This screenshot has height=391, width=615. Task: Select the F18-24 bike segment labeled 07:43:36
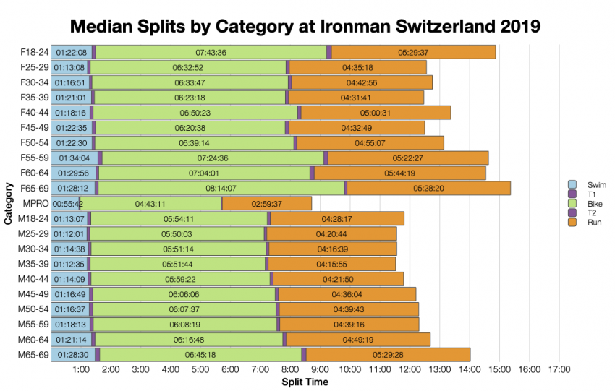pos(211,52)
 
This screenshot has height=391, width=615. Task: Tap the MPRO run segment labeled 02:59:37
pos(267,204)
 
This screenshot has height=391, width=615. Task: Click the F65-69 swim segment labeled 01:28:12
pos(72,189)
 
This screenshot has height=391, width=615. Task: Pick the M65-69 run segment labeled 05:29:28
pos(389,355)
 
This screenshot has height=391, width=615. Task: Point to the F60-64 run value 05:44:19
pos(399,173)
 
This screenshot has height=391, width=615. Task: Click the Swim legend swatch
pos(572,184)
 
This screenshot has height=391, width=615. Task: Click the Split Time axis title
pos(304,382)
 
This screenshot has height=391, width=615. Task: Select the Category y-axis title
pos(8,204)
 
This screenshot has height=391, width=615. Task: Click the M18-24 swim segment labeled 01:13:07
pos(70,219)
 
